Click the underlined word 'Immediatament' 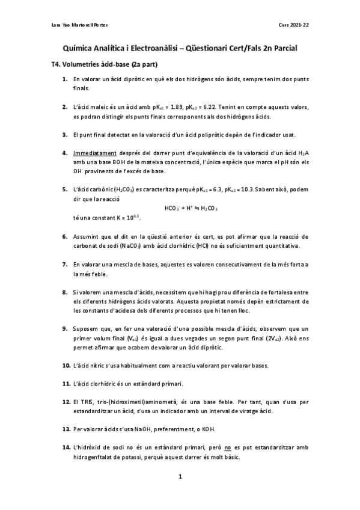95,153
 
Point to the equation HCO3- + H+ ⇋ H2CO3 191,209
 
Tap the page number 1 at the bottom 180,477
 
